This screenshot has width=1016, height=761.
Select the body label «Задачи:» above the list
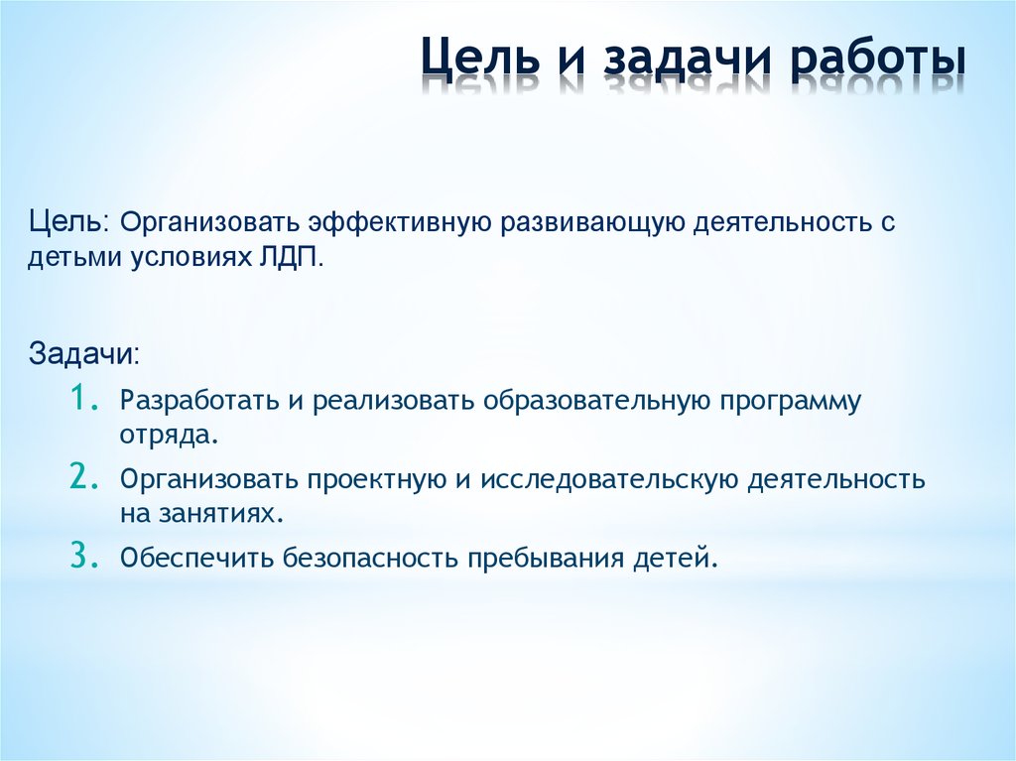tap(83, 353)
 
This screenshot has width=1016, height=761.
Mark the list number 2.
tap(83, 477)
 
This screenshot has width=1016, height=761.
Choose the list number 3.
tap(83, 557)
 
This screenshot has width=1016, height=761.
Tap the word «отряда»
tap(165, 436)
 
